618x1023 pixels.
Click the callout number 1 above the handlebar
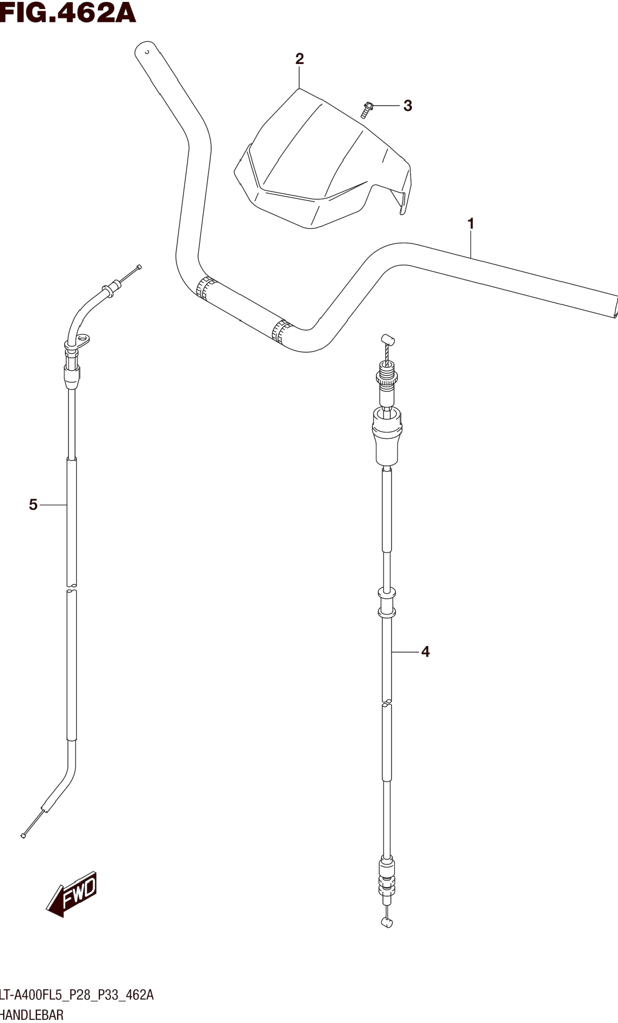point(471,223)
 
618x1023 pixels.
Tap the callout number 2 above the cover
point(300,59)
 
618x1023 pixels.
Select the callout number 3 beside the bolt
point(408,106)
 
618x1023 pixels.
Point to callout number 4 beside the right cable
point(425,652)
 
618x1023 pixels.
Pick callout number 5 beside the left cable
point(33,505)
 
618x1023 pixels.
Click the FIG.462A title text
point(68,13)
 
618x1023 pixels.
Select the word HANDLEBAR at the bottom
point(32,1015)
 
